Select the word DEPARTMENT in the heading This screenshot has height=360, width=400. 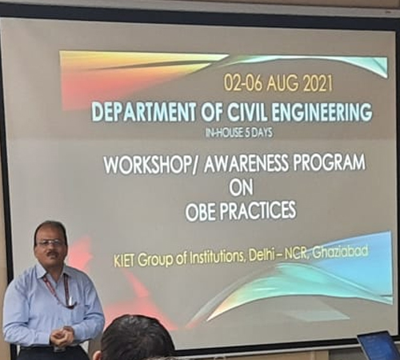144,111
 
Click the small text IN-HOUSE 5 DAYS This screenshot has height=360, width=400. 238,133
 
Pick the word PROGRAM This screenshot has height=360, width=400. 329,163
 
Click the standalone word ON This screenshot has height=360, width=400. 241,187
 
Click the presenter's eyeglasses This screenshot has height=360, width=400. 50,243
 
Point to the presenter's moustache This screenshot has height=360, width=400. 51,254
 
